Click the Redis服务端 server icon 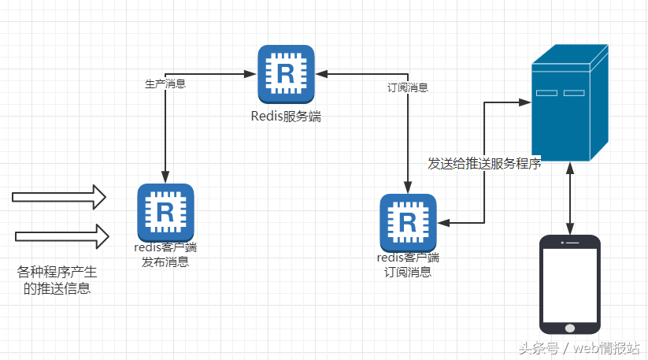point(285,74)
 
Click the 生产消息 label point(165,84)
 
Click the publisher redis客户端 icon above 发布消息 point(165,212)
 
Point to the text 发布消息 point(165,262)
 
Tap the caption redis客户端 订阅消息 point(408,265)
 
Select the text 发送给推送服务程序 point(483,164)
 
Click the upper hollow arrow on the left point(59,197)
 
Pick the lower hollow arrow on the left point(61,235)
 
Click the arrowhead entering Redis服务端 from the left point(252,74)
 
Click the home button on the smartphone point(570,325)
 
